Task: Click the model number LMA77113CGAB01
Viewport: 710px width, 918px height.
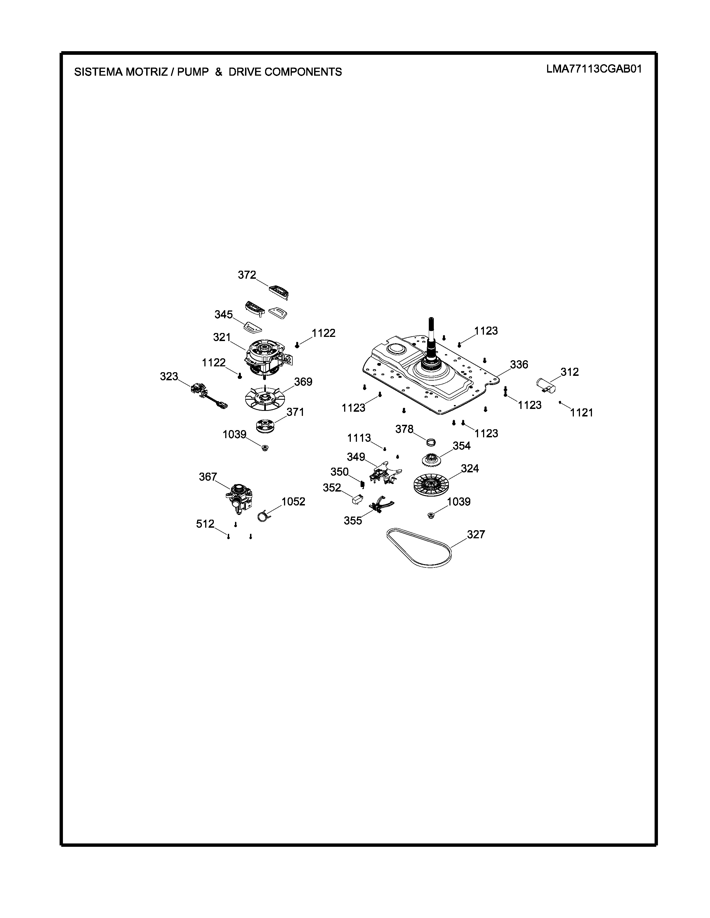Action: pos(594,69)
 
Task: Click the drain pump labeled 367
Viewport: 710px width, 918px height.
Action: pos(239,499)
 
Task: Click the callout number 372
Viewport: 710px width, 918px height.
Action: pos(247,275)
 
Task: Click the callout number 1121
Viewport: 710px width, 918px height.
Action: pos(581,413)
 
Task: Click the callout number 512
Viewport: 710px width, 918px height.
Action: pos(205,524)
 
